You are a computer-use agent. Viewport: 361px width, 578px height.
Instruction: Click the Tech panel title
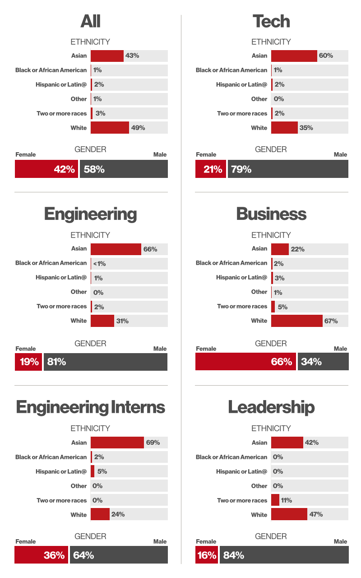tap(271, 21)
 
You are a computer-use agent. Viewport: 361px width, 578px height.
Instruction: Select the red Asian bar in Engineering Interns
tap(117, 443)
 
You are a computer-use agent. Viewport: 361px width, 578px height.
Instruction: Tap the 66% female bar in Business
tap(245, 362)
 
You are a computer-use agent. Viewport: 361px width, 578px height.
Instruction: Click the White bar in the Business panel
tap(296, 321)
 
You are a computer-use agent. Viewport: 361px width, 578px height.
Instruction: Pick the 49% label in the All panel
tap(138, 128)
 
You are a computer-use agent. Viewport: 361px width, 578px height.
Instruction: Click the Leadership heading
tap(271, 407)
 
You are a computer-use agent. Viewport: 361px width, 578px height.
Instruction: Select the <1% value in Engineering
tap(99, 264)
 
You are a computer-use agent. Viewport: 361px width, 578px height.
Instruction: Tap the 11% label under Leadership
tap(286, 500)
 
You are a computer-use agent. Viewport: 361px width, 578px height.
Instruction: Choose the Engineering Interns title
tap(91, 407)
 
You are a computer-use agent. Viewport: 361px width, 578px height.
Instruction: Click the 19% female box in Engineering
tap(28, 362)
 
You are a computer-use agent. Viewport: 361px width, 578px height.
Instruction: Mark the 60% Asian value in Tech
tap(326, 56)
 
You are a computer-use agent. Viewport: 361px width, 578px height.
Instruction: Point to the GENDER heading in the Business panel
tap(271, 344)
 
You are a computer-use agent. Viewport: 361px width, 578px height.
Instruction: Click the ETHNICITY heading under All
tap(90, 42)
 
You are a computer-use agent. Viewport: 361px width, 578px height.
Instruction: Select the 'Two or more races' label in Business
tap(242, 306)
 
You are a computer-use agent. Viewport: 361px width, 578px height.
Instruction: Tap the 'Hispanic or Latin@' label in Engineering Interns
tap(61, 471)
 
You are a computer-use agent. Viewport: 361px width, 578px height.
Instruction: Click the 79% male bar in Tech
tap(288, 169)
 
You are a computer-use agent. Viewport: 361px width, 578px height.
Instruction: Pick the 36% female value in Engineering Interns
tap(54, 555)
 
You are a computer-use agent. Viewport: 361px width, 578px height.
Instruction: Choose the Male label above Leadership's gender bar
tap(340, 541)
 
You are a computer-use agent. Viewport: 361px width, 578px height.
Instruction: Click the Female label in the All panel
tap(26, 154)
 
